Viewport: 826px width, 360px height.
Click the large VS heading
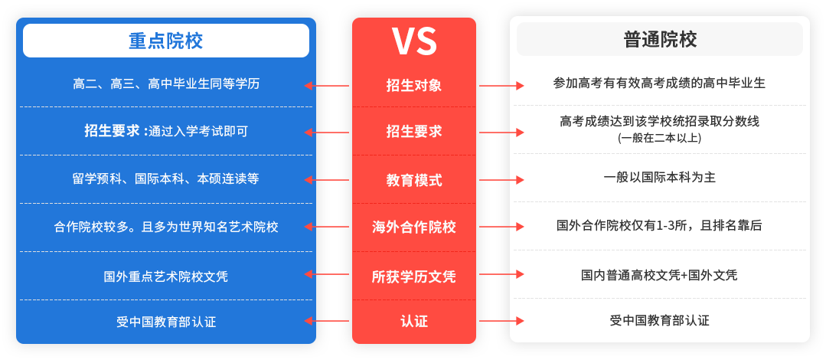point(413,41)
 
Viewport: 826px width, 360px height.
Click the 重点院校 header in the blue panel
point(166,41)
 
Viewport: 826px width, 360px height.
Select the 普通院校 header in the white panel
point(660,40)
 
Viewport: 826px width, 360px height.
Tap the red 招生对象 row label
point(413,85)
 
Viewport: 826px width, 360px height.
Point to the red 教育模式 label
point(413,180)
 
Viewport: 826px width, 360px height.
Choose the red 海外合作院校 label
point(413,227)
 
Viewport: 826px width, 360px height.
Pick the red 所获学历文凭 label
point(413,276)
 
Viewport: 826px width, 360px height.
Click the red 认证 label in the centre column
point(413,321)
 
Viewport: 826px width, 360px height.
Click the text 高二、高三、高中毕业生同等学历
point(166,83)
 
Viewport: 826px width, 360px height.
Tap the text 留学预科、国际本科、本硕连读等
point(166,178)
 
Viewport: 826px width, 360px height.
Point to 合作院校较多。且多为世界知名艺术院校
point(166,227)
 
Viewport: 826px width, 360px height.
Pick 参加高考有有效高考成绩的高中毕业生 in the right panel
point(659,83)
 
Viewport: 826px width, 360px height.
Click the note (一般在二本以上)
point(659,138)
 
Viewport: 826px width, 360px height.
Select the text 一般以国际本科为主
point(660,177)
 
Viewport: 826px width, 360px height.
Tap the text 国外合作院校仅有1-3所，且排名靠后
point(659,226)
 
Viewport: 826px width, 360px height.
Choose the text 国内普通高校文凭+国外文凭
point(659,275)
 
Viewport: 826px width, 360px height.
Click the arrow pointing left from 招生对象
point(327,85)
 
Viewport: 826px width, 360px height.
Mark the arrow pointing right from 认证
point(501,320)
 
